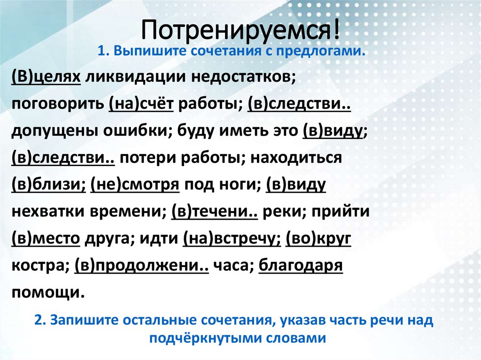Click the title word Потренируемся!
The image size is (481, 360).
(240, 30)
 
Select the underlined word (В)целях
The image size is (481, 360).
(47, 77)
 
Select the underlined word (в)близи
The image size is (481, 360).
(47, 184)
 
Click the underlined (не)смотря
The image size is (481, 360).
(135, 184)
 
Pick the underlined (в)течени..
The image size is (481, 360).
(215, 212)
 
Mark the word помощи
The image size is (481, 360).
(47, 292)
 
